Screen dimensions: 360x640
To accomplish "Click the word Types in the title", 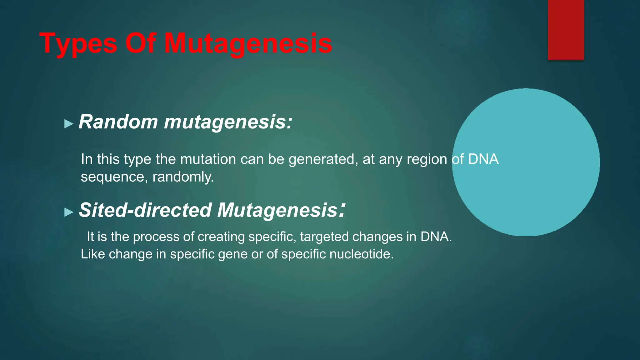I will [x=78, y=44].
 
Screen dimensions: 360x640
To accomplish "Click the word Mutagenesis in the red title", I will [x=248, y=44].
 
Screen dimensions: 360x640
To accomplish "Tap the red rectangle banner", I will [x=566, y=30].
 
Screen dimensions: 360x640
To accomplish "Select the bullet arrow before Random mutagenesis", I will [x=68, y=124].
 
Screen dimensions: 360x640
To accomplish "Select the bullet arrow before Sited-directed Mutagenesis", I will [x=68, y=212].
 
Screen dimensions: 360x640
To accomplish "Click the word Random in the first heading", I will [x=118, y=122].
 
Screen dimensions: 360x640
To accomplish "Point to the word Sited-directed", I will [x=145, y=210].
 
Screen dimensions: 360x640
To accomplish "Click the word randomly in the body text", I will [x=183, y=177].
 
